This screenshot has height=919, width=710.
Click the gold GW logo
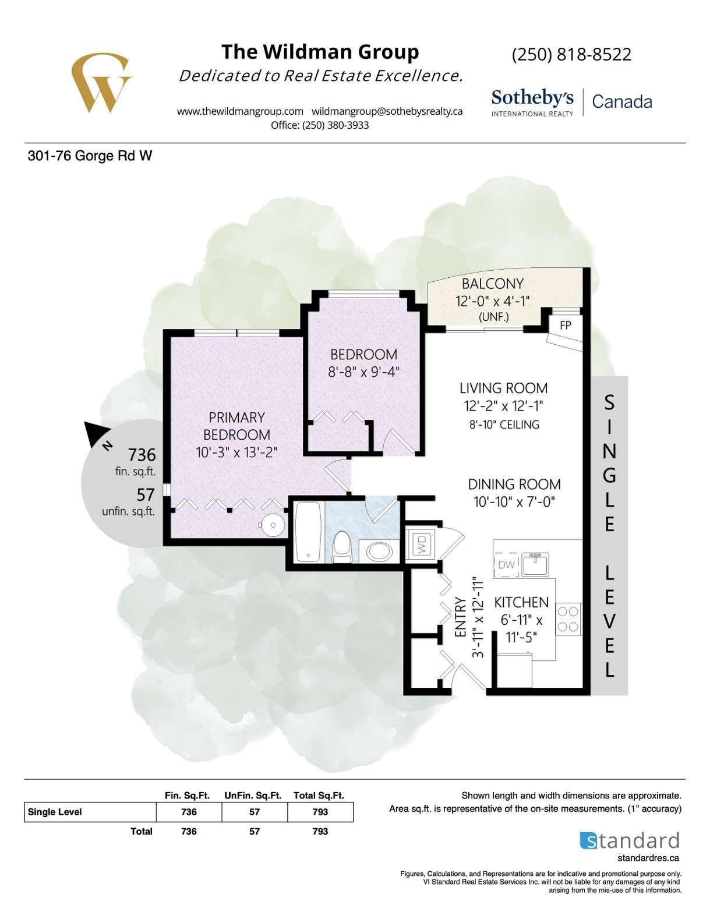click(101, 83)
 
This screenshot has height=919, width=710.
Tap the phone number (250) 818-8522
click(571, 55)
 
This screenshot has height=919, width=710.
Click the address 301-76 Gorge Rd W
click(90, 156)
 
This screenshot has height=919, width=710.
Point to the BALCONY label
click(493, 284)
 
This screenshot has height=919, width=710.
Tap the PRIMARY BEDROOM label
click(236, 426)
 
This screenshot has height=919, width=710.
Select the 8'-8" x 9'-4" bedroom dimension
click(364, 372)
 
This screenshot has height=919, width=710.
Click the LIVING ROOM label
click(503, 388)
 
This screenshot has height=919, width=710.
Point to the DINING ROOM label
click(514, 484)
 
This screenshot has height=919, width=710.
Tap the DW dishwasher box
click(506, 564)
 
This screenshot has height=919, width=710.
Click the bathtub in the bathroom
click(308, 532)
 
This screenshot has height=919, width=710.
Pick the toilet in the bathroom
click(342, 547)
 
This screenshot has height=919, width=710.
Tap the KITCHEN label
click(521, 602)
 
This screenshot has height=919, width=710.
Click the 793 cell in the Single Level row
click(320, 812)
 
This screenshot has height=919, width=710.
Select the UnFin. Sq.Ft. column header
click(253, 795)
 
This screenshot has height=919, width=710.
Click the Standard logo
click(629, 840)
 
